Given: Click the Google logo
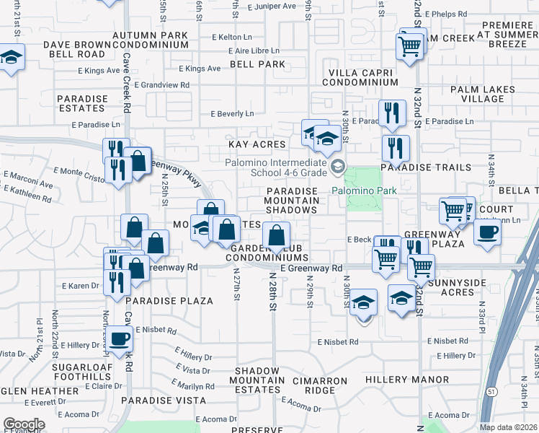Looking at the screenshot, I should [24, 424].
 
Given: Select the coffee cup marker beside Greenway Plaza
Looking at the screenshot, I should [487, 233].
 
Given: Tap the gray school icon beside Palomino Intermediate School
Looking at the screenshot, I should [337, 167].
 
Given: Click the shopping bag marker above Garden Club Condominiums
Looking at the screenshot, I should [276, 235].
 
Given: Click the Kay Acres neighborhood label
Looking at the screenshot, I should [257, 144].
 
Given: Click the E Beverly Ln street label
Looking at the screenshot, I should [232, 114].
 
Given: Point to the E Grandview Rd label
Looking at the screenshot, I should [165, 84].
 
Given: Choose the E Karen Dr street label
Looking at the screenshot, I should [80, 286].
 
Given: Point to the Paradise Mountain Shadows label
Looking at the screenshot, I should [292, 200].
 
